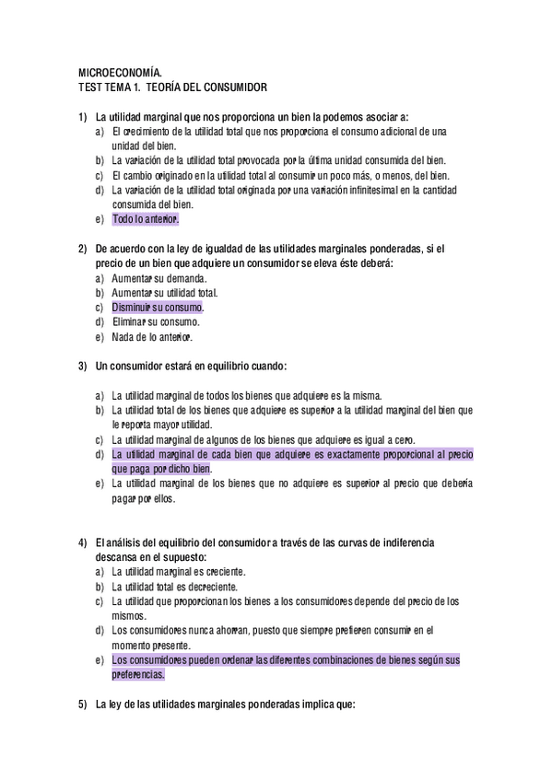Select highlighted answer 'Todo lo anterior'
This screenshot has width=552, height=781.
pos(146,220)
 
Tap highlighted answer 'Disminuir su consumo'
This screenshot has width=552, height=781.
pos(158,308)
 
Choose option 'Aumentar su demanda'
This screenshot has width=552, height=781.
pos(159,278)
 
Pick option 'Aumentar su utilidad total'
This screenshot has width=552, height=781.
pos(165,293)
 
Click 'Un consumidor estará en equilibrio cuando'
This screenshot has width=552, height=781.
pos(191,367)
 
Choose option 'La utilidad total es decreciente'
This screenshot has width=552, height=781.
pos(175,587)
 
